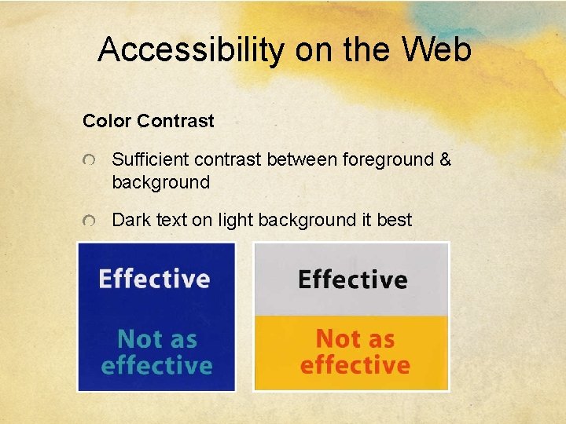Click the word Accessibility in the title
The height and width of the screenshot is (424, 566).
[190, 50]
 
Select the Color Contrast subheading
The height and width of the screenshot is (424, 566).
[148, 121]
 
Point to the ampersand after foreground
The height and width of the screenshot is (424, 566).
[446, 160]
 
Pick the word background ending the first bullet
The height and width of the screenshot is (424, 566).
[161, 183]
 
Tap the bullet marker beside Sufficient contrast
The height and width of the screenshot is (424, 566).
[91, 161]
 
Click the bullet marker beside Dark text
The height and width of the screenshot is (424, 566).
[91, 221]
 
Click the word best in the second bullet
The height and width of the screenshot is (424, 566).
[394, 221]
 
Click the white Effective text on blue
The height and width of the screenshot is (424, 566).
[154, 279]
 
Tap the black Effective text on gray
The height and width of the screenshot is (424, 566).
[352, 280]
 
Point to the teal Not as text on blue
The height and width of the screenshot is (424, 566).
[156, 339]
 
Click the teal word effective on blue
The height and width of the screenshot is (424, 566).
[156, 366]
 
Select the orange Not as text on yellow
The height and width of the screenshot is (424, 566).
[355, 339]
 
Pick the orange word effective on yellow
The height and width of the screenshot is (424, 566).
[355, 366]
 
